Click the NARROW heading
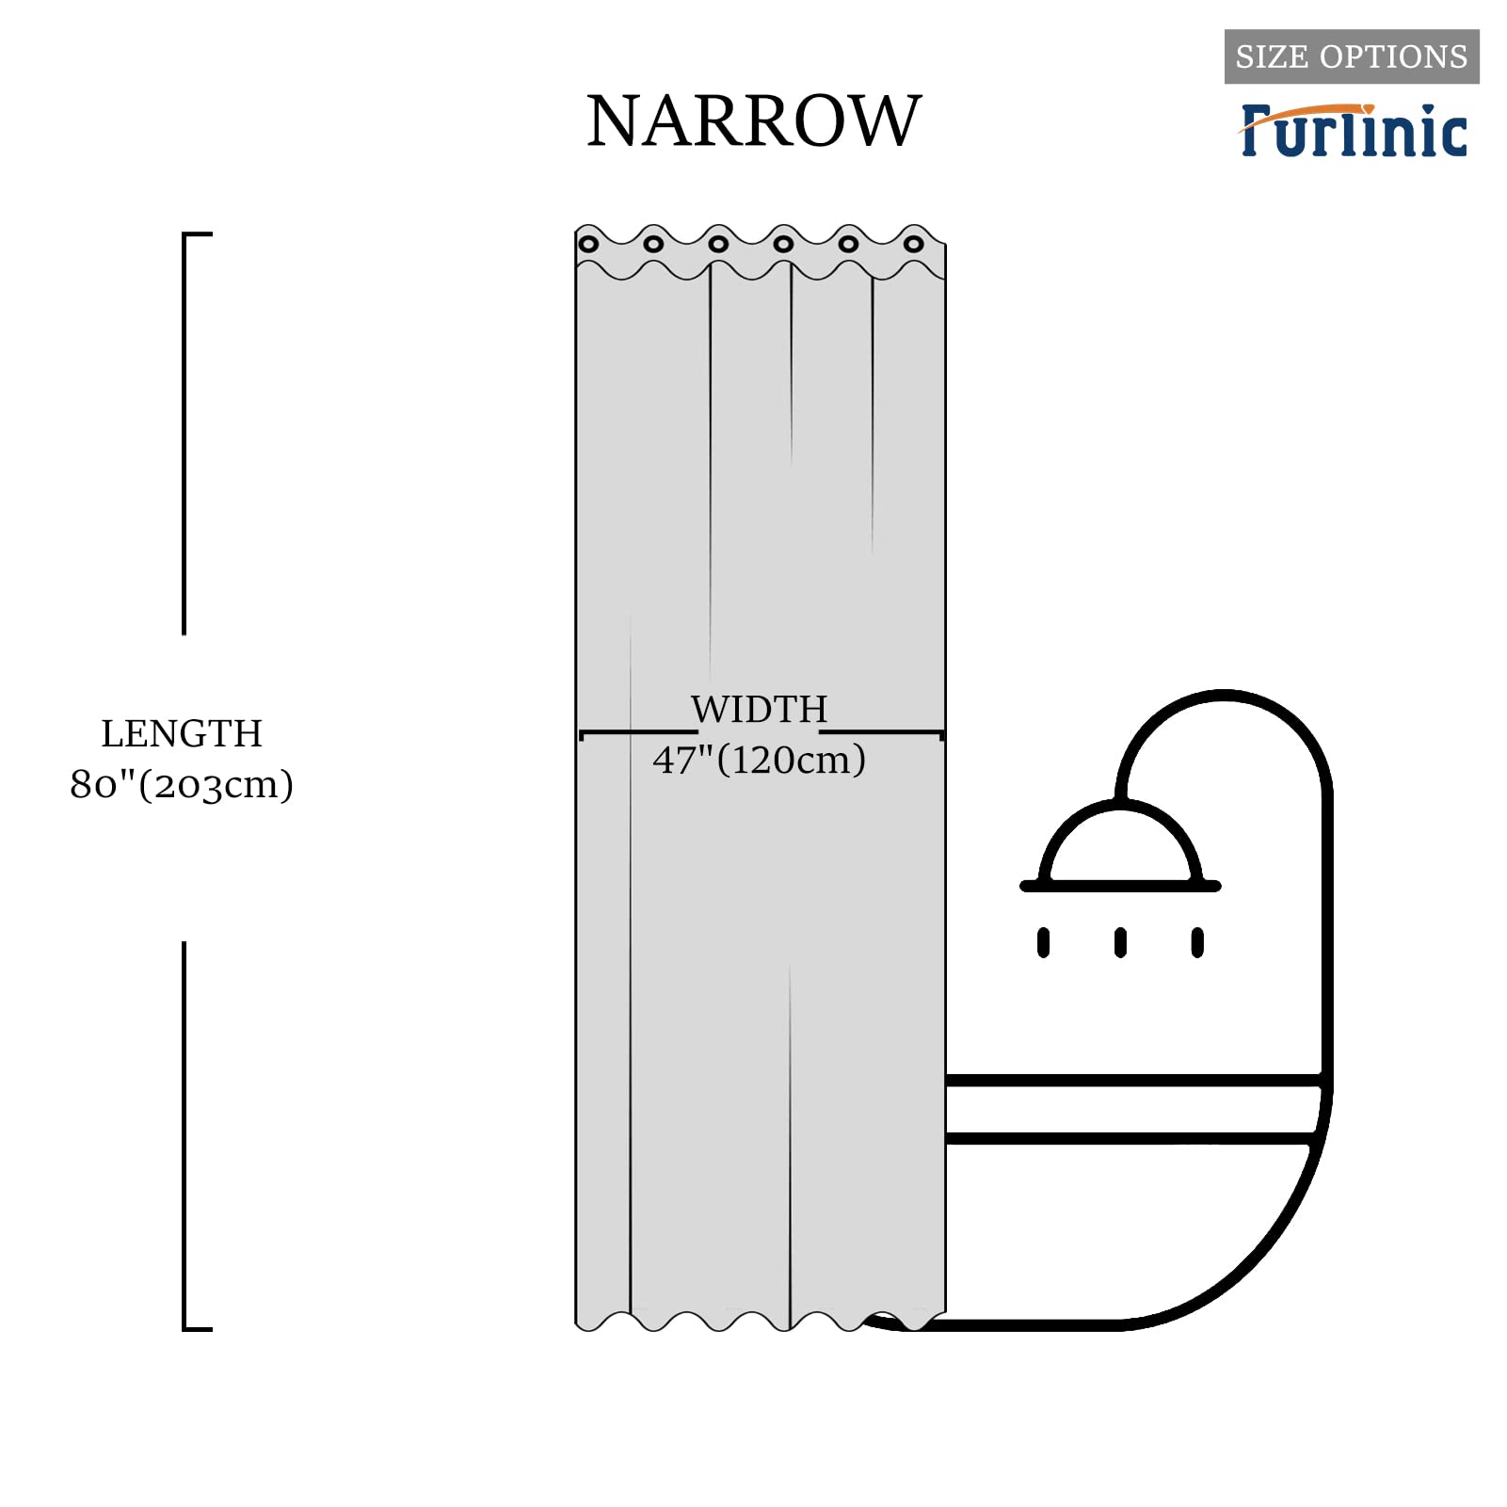753,121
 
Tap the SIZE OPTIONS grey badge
1351,56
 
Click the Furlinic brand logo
1354,130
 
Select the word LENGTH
182,734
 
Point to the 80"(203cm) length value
182,784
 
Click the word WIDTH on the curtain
759,710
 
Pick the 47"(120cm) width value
759,760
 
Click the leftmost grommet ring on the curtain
588,245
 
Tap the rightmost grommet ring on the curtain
913,245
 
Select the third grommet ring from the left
718,245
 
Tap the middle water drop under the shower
1120,942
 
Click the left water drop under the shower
1043,942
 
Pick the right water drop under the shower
1197,942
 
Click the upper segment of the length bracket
184,433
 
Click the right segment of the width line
881,732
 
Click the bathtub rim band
1130,1110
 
